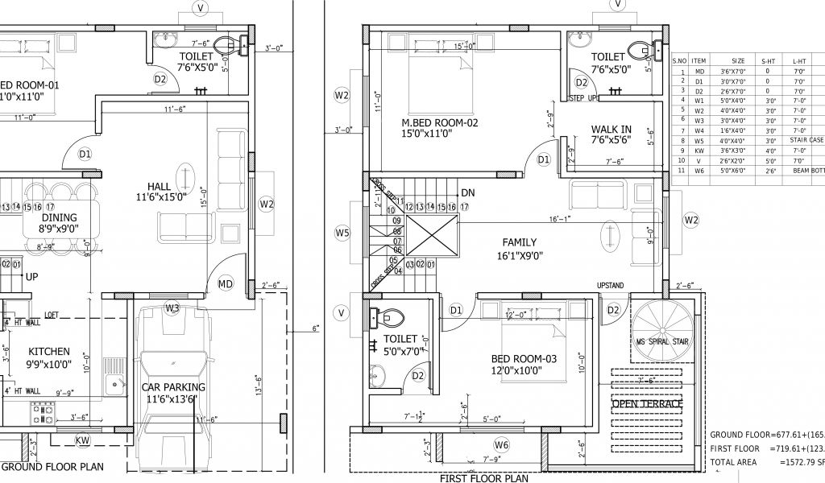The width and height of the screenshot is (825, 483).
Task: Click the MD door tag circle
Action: [225, 283]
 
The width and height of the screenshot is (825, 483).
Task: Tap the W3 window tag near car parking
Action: [172, 308]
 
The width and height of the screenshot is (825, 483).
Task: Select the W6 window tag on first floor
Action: [502, 445]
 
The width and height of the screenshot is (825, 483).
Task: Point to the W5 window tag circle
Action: [342, 233]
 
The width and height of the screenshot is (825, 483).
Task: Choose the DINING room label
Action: [59, 217]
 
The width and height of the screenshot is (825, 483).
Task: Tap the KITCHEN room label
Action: [49, 352]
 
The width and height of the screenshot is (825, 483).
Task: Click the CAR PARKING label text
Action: [176, 387]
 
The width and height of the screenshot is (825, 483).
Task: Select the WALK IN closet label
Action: [611, 129]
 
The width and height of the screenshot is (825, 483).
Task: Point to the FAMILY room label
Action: [519, 242]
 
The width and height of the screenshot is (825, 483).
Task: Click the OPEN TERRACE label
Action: [647, 403]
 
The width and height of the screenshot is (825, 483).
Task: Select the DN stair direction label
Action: [467, 193]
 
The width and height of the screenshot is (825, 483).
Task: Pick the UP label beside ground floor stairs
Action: [32, 276]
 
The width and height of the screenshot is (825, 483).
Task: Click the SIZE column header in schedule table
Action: [738, 60]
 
